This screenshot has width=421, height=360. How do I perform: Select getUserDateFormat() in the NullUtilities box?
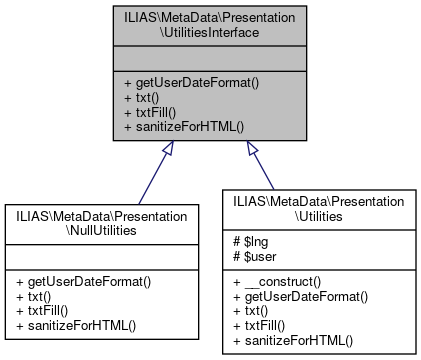pos(83,283)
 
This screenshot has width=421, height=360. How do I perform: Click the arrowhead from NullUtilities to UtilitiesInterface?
pos(168,149)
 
